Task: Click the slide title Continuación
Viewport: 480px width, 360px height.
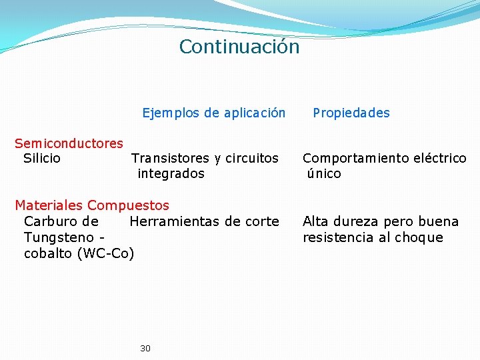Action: point(239,47)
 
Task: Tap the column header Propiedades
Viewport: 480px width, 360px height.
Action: point(351,113)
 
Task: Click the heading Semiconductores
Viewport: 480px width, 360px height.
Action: point(69,143)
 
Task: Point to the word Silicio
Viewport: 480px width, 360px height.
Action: point(42,159)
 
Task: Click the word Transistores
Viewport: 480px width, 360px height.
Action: point(170,159)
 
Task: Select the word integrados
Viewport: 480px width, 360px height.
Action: point(171,174)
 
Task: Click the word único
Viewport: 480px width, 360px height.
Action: point(324,174)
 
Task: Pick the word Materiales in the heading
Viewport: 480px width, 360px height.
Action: point(49,205)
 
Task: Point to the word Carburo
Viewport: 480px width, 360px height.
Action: point(52,221)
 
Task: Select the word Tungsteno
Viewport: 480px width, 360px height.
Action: point(58,237)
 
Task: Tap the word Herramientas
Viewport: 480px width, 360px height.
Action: point(175,221)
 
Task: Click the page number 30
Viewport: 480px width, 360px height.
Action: point(145,348)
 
